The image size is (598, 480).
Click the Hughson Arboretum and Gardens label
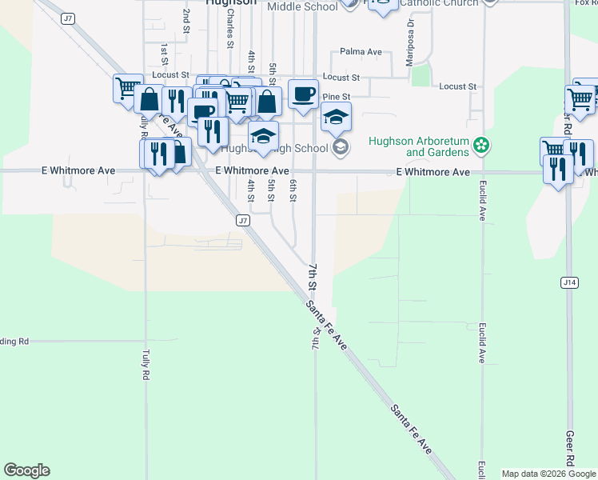(x=418, y=146)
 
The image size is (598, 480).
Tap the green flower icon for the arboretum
(x=481, y=146)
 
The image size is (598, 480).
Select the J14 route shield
(x=569, y=282)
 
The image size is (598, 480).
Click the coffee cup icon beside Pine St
(x=303, y=94)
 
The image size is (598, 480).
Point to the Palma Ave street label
(x=361, y=52)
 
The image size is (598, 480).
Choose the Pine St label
(x=332, y=97)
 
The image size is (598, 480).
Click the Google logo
(x=26, y=470)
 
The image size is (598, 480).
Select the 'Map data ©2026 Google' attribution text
(x=549, y=474)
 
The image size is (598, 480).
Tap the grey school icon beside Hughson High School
(x=341, y=146)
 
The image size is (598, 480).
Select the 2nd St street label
(x=186, y=16)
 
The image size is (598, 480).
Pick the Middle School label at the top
(x=302, y=6)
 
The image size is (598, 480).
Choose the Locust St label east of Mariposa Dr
(x=457, y=86)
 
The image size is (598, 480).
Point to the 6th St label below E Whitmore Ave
(x=293, y=191)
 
